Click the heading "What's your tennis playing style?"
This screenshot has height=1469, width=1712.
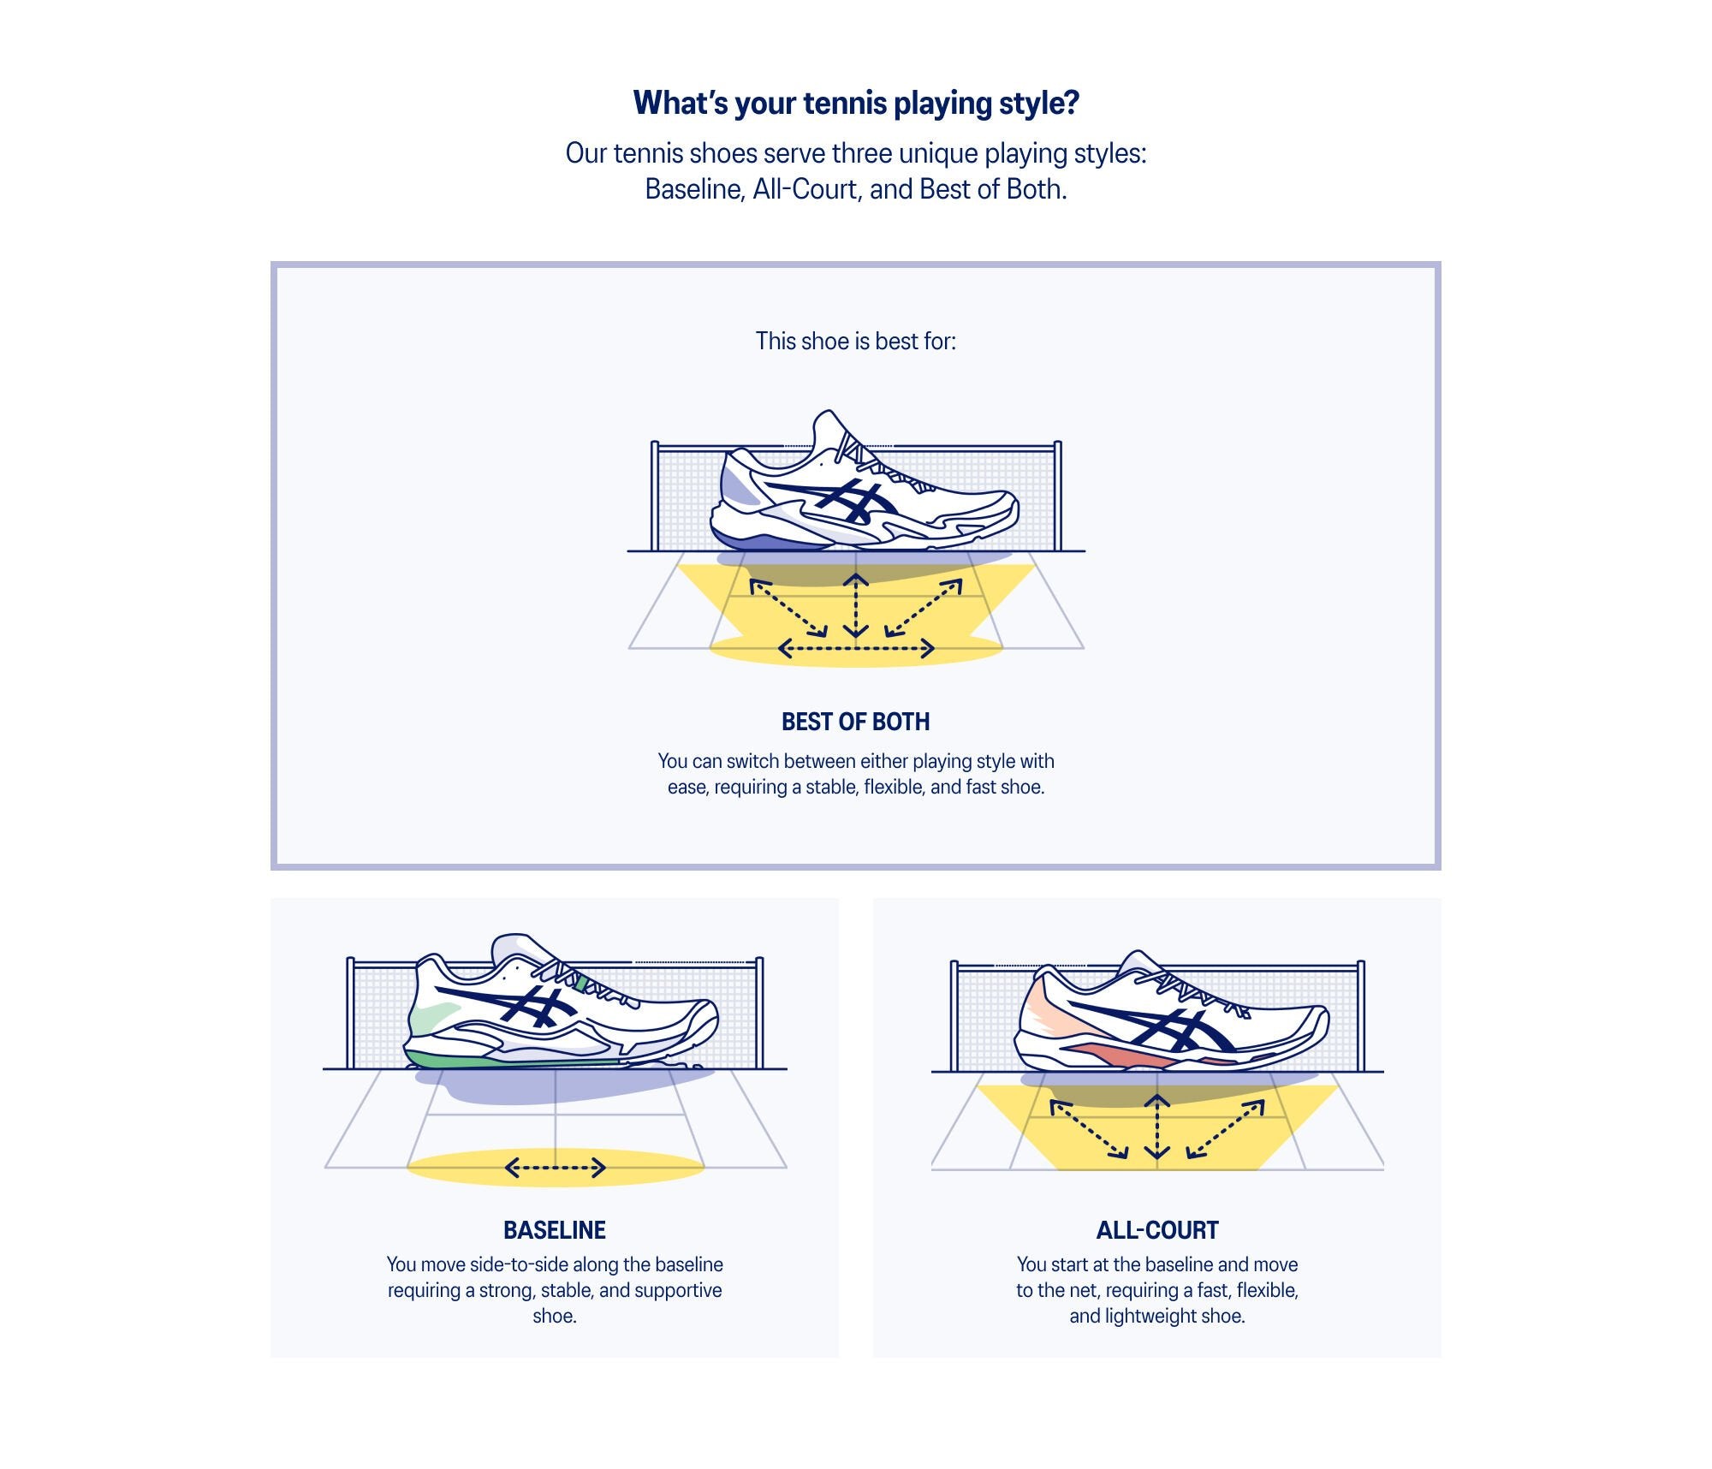click(856, 104)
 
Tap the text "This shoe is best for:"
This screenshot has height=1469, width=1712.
click(856, 342)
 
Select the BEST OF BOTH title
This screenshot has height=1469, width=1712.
click(856, 722)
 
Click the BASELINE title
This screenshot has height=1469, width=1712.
click(555, 1230)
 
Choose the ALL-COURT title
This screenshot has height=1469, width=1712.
click(1157, 1230)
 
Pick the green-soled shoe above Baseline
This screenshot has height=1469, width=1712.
click(561, 1010)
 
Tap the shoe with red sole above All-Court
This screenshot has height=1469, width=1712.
click(1173, 1019)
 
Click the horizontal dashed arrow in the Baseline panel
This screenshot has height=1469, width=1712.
click(556, 1167)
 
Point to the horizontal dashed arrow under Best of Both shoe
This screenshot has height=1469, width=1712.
click(856, 650)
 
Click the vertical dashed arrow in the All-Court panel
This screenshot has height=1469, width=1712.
click(1157, 1127)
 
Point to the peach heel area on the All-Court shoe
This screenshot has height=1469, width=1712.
click(1044, 1014)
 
